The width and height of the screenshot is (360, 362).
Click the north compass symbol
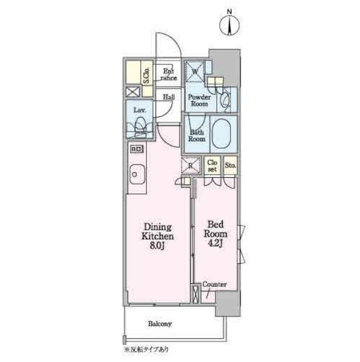coord(229,25)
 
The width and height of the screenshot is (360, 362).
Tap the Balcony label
coord(160,324)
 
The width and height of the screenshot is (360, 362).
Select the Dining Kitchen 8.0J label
coord(158,236)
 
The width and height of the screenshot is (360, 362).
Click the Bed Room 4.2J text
coord(216,234)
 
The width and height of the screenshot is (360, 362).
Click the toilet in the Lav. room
coord(140,127)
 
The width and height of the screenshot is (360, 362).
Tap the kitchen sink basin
coord(137,175)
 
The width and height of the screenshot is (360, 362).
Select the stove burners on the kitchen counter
coord(137,149)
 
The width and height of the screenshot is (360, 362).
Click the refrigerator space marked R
coord(191,166)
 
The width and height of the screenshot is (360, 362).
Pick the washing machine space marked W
coord(195,72)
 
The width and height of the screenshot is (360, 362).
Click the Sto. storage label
coord(230,166)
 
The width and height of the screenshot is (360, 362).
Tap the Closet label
coord(212,166)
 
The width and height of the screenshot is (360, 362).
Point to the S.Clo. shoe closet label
coord(146,76)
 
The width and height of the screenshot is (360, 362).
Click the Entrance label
coord(169,75)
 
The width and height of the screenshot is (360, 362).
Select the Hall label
coord(169,97)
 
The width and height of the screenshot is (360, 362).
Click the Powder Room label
coord(199,101)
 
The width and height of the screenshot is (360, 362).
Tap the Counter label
coord(214,284)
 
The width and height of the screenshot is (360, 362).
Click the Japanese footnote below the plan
coord(146,349)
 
